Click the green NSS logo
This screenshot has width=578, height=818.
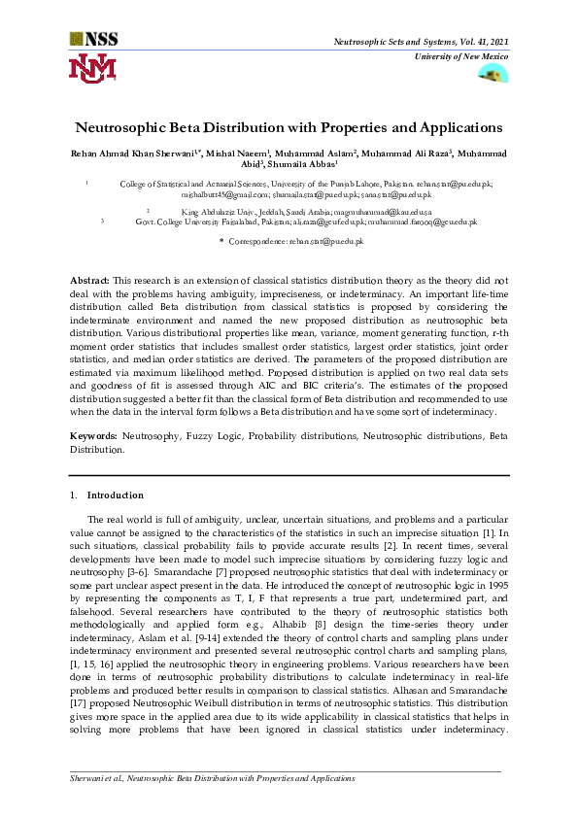coord(92,40)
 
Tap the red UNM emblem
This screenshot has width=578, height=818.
coord(92,68)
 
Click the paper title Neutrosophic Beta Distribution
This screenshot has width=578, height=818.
coord(289,127)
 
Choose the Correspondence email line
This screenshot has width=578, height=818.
coord(291,240)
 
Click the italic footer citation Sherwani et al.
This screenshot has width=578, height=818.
coord(98,779)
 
